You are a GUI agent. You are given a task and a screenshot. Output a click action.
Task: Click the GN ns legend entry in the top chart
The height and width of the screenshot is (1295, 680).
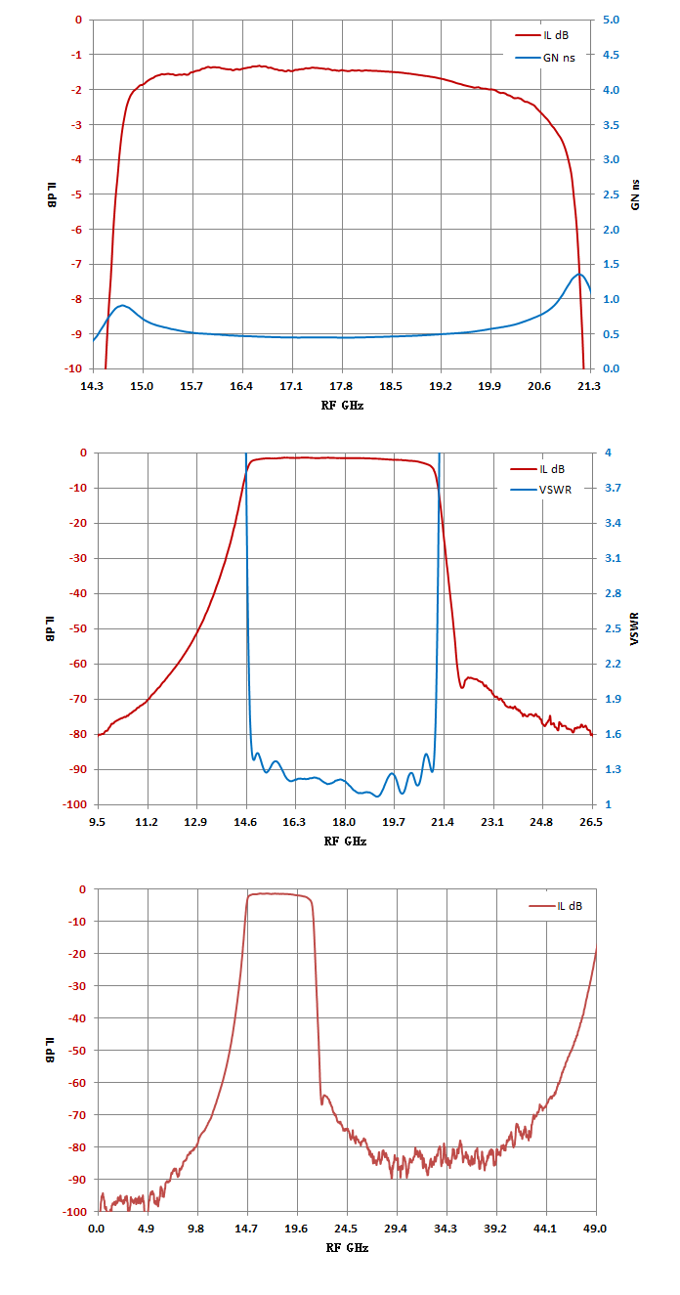click(x=545, y=58)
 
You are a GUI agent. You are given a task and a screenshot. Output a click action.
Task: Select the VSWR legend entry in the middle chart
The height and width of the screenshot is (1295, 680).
click(x=540, y=490)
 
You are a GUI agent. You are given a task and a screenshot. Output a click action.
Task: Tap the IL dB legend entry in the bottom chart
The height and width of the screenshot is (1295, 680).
click(x=555, y=906)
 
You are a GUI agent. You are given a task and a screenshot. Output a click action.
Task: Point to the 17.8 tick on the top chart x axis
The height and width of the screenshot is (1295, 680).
click(x=341, y=386)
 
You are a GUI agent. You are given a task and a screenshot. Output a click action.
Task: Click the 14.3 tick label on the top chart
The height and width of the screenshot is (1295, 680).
click(x=92, y=386)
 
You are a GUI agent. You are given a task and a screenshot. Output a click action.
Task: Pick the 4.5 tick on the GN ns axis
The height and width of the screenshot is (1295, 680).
click(x=611, y=55)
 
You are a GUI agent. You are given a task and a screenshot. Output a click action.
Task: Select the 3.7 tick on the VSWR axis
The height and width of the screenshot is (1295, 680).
click(x=613, y=488)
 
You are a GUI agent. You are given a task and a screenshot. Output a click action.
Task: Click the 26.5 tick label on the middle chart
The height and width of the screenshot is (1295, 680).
click(x=591, y=822)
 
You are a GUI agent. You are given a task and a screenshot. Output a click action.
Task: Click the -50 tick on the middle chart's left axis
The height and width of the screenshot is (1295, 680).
click(x=78, y=628)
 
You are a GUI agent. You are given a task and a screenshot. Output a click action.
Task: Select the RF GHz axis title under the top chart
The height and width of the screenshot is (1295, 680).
click(x=342, y=406)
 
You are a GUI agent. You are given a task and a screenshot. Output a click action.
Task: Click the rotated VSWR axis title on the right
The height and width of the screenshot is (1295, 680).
click(x=634, y=628)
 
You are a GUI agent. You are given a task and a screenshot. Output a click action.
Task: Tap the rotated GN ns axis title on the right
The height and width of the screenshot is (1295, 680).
click(x=635, y=194)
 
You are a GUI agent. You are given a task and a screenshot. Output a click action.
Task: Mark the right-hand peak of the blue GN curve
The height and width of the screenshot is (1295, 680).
click(x=579, y=274)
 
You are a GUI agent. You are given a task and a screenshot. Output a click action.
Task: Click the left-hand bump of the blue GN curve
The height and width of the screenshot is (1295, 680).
click(x=122, y=305)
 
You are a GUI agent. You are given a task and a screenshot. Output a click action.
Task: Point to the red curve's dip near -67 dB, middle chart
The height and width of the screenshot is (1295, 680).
click(x=461, y=687)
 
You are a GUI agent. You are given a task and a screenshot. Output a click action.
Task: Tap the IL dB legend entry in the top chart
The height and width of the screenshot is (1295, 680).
click(x=542, y=35)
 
